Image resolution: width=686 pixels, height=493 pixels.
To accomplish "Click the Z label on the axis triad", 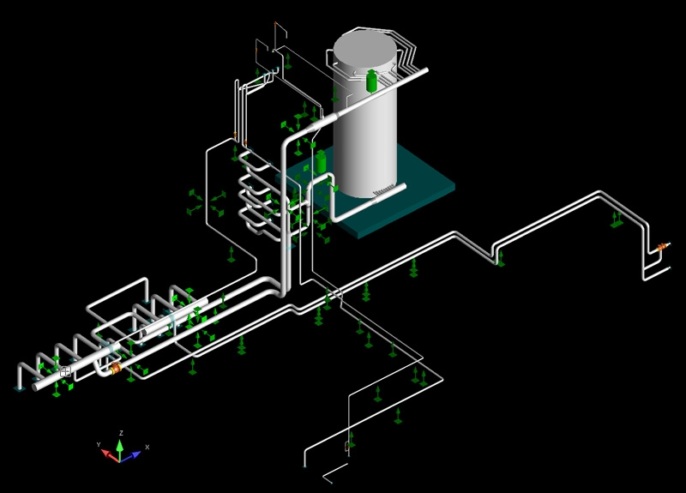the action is pos(121,433).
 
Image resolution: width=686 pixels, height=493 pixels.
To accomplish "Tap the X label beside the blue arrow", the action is pos(147,447).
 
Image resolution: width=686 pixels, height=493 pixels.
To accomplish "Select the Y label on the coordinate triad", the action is pos(99,444).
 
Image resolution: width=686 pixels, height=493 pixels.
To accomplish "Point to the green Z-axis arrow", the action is pos(119,449).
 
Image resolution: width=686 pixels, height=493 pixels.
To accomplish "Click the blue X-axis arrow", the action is pos(131,456).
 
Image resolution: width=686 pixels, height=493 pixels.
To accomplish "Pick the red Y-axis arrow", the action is pos(110,455).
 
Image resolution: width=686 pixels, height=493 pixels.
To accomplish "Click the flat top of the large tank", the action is pos(365,48).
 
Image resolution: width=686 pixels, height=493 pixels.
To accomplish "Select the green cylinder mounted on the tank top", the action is pos(371,81).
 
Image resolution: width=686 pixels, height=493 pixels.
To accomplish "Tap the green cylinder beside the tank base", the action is pos(321,161).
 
